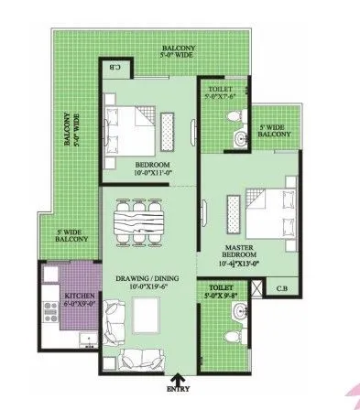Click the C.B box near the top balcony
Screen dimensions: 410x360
pos(116,67)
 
